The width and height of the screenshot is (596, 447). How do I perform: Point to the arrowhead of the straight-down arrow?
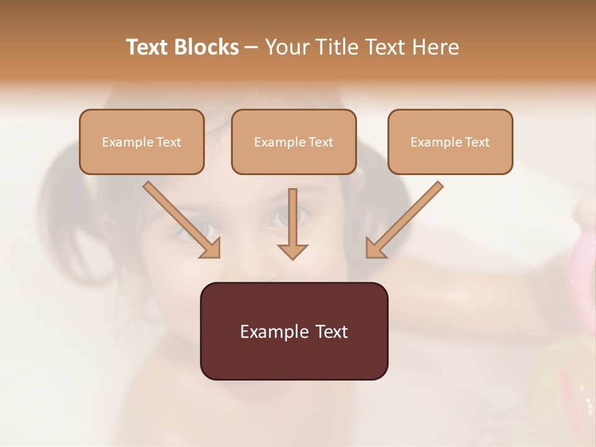point(292,251)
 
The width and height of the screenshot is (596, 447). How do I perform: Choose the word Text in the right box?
point(477,142)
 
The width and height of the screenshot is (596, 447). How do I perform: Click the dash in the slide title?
point(252,48)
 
